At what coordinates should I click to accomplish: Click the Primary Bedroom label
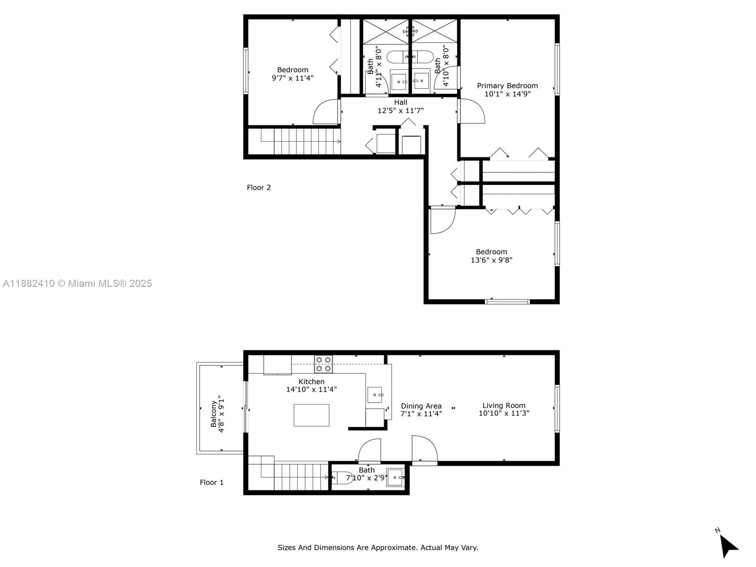point(507,86)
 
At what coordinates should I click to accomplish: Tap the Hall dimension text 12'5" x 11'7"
point(400,111)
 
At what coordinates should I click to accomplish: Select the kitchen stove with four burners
point(324,364)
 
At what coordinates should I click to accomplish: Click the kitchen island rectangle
point(311,415)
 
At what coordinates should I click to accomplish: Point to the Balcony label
point(214,413)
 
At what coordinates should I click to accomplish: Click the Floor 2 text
point(258,188)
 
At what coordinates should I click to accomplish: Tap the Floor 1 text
point(211,482)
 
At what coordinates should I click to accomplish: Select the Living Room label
point(504,405)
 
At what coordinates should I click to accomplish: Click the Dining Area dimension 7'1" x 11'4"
point(421,414)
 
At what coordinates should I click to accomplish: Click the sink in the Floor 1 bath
point(395,478)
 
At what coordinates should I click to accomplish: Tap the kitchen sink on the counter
point(375,394)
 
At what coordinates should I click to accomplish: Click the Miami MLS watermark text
point(77,283)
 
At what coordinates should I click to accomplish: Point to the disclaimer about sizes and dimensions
point(378,548)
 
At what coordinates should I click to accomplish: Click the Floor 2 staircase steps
point(302,141)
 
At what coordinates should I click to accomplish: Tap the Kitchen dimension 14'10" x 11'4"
point(311,390)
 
